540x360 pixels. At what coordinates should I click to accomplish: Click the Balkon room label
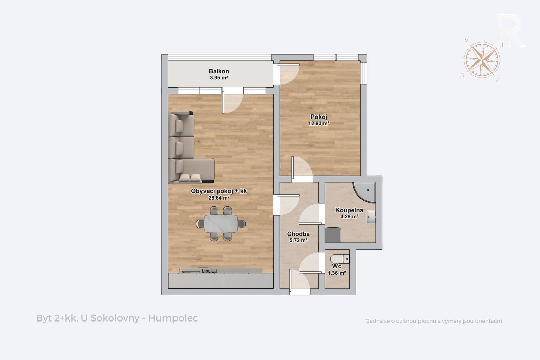click(x=219, y=71)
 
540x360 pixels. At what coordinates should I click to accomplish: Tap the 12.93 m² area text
click(x=319, y=123)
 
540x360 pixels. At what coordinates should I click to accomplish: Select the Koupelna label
click(x=349, y=210)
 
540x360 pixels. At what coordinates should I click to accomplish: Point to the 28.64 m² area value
click(x=219, y=198)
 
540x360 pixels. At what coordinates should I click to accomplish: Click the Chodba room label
click(x=298, y=234)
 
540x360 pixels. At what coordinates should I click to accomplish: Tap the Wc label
click(x=336, y=266)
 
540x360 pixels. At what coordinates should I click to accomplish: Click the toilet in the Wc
click(x=340, y=259)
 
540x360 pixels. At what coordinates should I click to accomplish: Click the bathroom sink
click(x=371, y=217)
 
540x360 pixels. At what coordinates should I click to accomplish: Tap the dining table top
click(x=221, y=224)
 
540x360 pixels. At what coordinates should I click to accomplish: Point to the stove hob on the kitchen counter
click(x=209, y=271)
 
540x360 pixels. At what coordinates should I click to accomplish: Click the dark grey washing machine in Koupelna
click(x=333, y=235)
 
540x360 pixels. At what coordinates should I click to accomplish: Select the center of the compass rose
click(x=482, y=60)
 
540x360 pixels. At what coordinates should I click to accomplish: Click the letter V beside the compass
click(x=466, y=40)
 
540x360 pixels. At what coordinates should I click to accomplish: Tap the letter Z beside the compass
click(x=497, y=80)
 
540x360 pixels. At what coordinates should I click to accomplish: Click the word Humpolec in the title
click(x=173, y=318)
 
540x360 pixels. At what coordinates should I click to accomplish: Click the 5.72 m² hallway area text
click(x=298, y=240)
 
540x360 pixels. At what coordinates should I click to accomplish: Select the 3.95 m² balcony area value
click(x=219, y=78)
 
